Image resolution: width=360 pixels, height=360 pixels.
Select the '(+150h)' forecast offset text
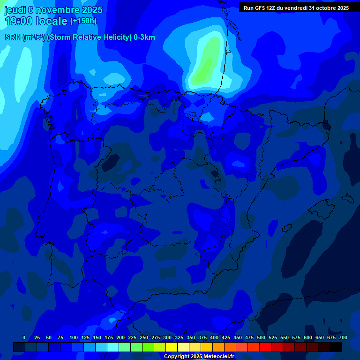coord(83,21)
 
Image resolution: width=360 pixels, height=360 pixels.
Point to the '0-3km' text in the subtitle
coord(144,37)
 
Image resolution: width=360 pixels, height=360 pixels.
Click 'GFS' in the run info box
coord(261,8)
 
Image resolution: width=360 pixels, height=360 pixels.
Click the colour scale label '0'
coord(24,337)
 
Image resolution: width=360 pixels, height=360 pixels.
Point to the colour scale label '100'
coord(74,337)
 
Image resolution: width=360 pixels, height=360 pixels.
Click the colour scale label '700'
coord(343,337)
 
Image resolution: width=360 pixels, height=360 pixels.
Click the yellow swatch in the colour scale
coord(172,347)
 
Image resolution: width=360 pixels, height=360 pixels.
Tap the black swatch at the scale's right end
coord(336,347)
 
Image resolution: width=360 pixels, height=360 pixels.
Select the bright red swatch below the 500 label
coord(265,347)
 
